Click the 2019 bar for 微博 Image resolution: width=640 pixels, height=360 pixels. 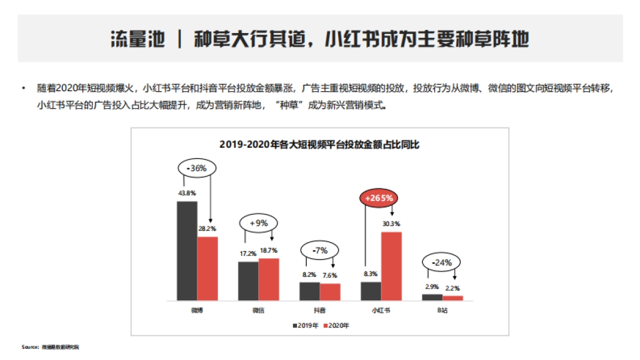click(187, 251)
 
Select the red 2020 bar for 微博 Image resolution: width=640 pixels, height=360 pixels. click(207, 268)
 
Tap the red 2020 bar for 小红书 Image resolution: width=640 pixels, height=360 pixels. click(391, 266)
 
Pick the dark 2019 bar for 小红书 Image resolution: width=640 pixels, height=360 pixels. click(371, 291)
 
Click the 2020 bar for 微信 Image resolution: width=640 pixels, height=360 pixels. click(269, 279)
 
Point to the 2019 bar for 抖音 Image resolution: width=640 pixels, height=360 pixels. click(309, 291)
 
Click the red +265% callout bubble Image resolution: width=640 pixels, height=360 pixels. click(379, 198)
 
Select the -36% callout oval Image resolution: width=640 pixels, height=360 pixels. click(196, 168)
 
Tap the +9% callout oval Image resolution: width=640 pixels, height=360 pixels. click(258, 223)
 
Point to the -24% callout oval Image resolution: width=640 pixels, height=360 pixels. click(441, 262)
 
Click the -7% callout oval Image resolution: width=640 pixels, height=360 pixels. click(319, 250)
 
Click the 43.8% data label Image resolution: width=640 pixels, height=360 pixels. click(186, 193)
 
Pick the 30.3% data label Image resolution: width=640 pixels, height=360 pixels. click(391, 224)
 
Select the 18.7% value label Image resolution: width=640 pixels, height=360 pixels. click(269, 250)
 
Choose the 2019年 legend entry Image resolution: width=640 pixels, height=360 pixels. click(305, 325)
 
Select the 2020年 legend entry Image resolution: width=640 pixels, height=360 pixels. click(336, 325)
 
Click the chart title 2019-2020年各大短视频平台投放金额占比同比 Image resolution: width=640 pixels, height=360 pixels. click(319, 145)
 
